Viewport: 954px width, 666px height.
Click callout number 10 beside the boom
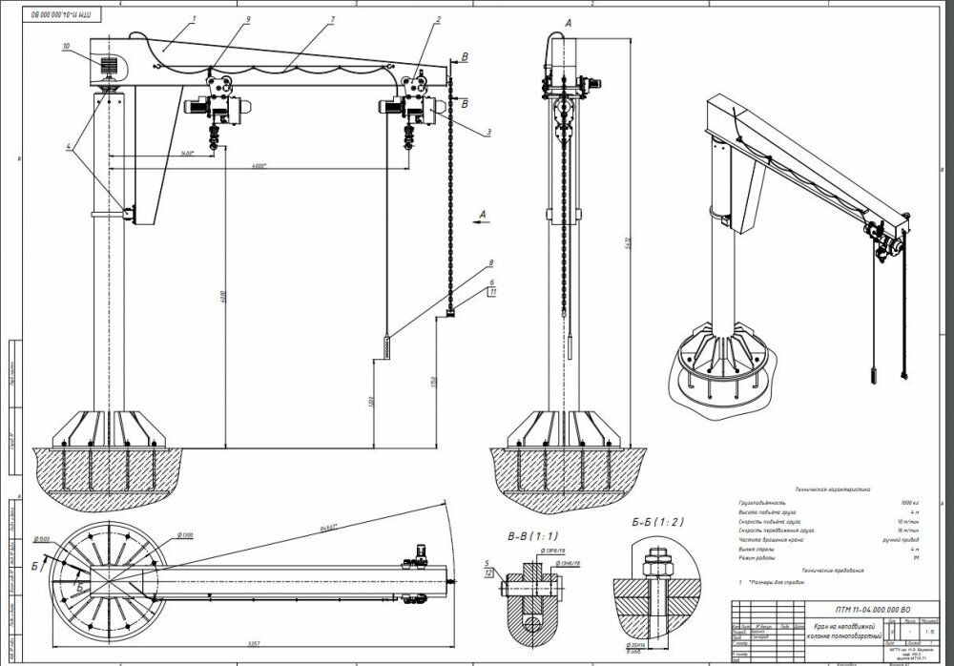(x=67, y=45)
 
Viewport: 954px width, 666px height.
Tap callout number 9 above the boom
(x=221, y=19)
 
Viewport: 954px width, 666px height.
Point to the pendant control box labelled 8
(x=385, y=346)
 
